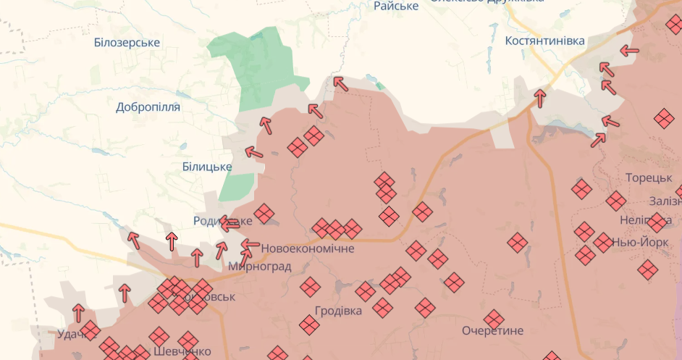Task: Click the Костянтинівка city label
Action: (544, 41)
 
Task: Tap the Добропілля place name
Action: (148, 107)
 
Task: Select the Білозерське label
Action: (127, 43)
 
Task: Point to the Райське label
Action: (396, 7)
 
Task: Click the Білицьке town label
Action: (207, 167)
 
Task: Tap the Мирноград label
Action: (259, 267)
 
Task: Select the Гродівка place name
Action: (338, 311)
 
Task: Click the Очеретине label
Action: (492, 330)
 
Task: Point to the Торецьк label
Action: (649, 178)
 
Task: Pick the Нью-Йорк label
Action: (640, 243)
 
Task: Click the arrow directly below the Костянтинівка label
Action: (539, 97)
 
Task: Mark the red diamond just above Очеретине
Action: (494, 319)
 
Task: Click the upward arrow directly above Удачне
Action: (78, 313)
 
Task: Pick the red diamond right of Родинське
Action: (264, 214)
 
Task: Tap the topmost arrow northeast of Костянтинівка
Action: (630, 51)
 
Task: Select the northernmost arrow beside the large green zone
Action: (340, 83)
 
